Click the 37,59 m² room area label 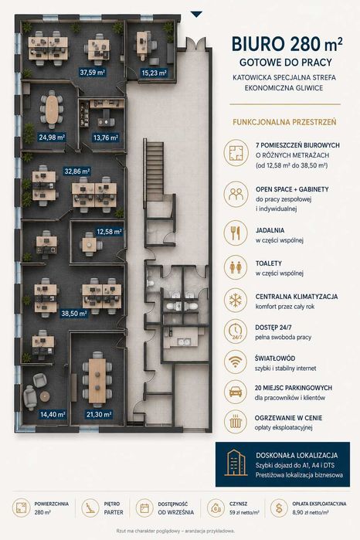point(93,73)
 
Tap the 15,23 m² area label point(154,73)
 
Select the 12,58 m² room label point(109,232)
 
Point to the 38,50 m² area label point(73,314)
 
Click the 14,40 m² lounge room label point(53,414)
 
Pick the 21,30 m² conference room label point(99,414)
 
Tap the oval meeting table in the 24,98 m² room point(52,109)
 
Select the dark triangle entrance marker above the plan point(196,14)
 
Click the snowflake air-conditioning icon point(236,301)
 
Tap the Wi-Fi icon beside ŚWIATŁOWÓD point(236,362)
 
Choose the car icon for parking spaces point(236,392)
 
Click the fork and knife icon point(236,233)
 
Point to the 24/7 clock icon point(236,331)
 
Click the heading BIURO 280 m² point(287,45)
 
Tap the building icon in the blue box point(236,463)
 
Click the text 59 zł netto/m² point(244,512)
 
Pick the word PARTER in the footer point(114,512)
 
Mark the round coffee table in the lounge point(45,396)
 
